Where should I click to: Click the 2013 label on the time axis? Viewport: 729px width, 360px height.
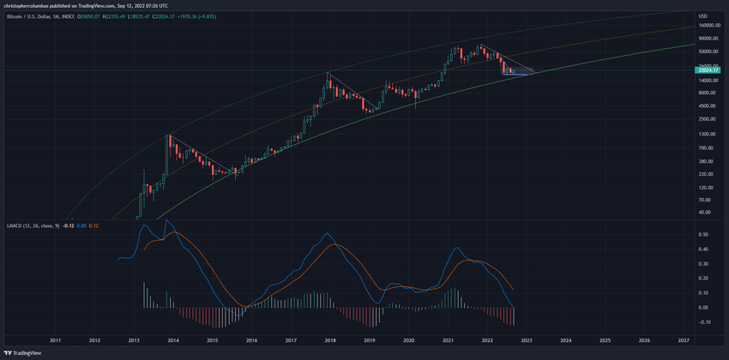134,340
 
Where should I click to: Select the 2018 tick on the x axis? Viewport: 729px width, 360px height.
330,340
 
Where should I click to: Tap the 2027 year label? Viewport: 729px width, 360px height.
684,340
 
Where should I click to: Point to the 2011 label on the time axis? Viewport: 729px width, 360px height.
55,340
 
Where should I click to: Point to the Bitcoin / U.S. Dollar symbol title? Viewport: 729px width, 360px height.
35,16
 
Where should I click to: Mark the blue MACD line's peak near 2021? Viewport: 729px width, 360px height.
455,249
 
